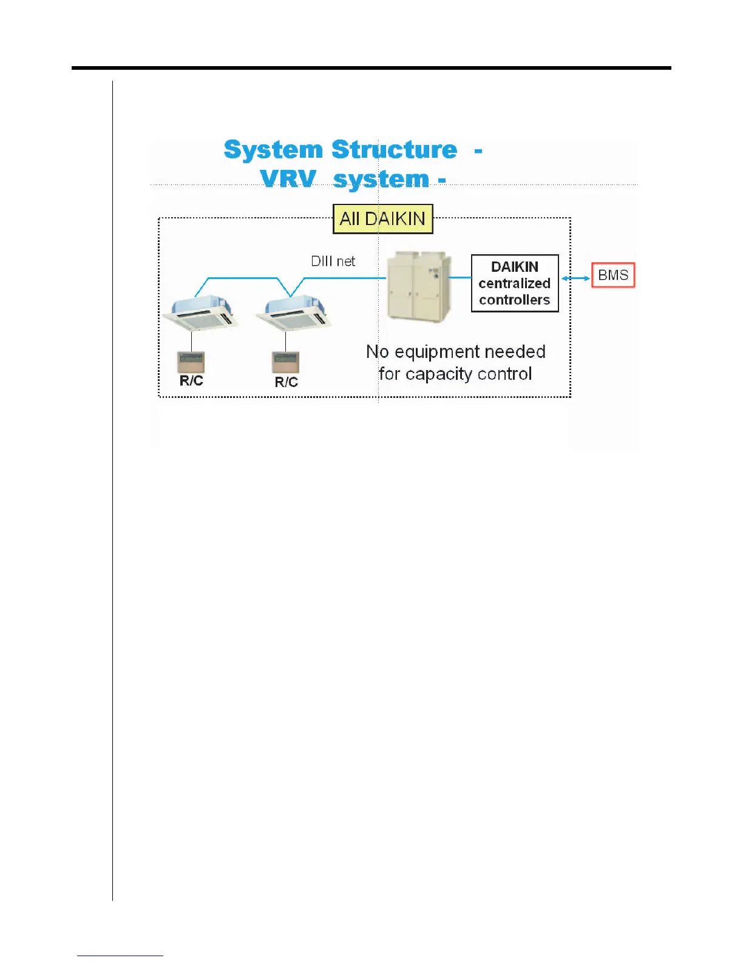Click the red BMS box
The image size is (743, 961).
pos(613,275)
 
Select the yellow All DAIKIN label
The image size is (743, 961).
pos(383,219)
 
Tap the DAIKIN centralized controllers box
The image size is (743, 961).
pos(515,283)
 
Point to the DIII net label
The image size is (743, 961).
pos(333,261)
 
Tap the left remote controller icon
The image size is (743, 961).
pos(191,362)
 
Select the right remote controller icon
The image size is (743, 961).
pos(285,363)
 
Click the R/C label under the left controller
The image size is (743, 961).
pos(191,381)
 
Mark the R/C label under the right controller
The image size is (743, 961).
pos(286,382)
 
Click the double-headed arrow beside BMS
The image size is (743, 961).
pos(575,278)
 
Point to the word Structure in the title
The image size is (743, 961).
pos(395,150)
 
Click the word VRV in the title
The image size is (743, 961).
pos(288,179)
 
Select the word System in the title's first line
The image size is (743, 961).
pos(273,150)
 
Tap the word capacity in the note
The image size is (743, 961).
pos(439,374)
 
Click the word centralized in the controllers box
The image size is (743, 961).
pos(514,283)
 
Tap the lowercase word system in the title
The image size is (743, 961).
pos(381,180)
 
